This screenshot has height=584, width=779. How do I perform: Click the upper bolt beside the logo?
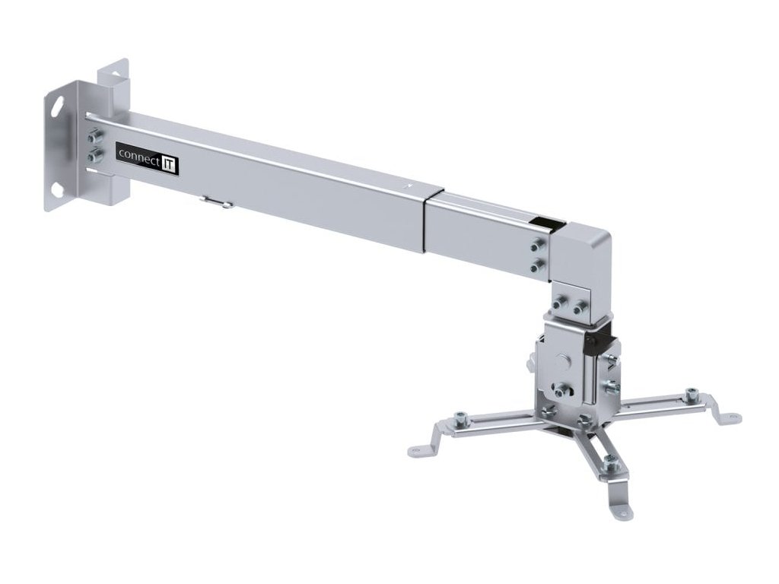(94, 138)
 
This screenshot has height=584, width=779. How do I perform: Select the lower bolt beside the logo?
(95, 156)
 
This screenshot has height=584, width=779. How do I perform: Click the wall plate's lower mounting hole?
(58, 186)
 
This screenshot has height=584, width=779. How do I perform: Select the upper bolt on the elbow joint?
(539, 246)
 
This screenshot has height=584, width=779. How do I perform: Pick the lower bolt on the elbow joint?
(539, 265)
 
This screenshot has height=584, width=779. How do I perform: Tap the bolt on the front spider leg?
(609, 461)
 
